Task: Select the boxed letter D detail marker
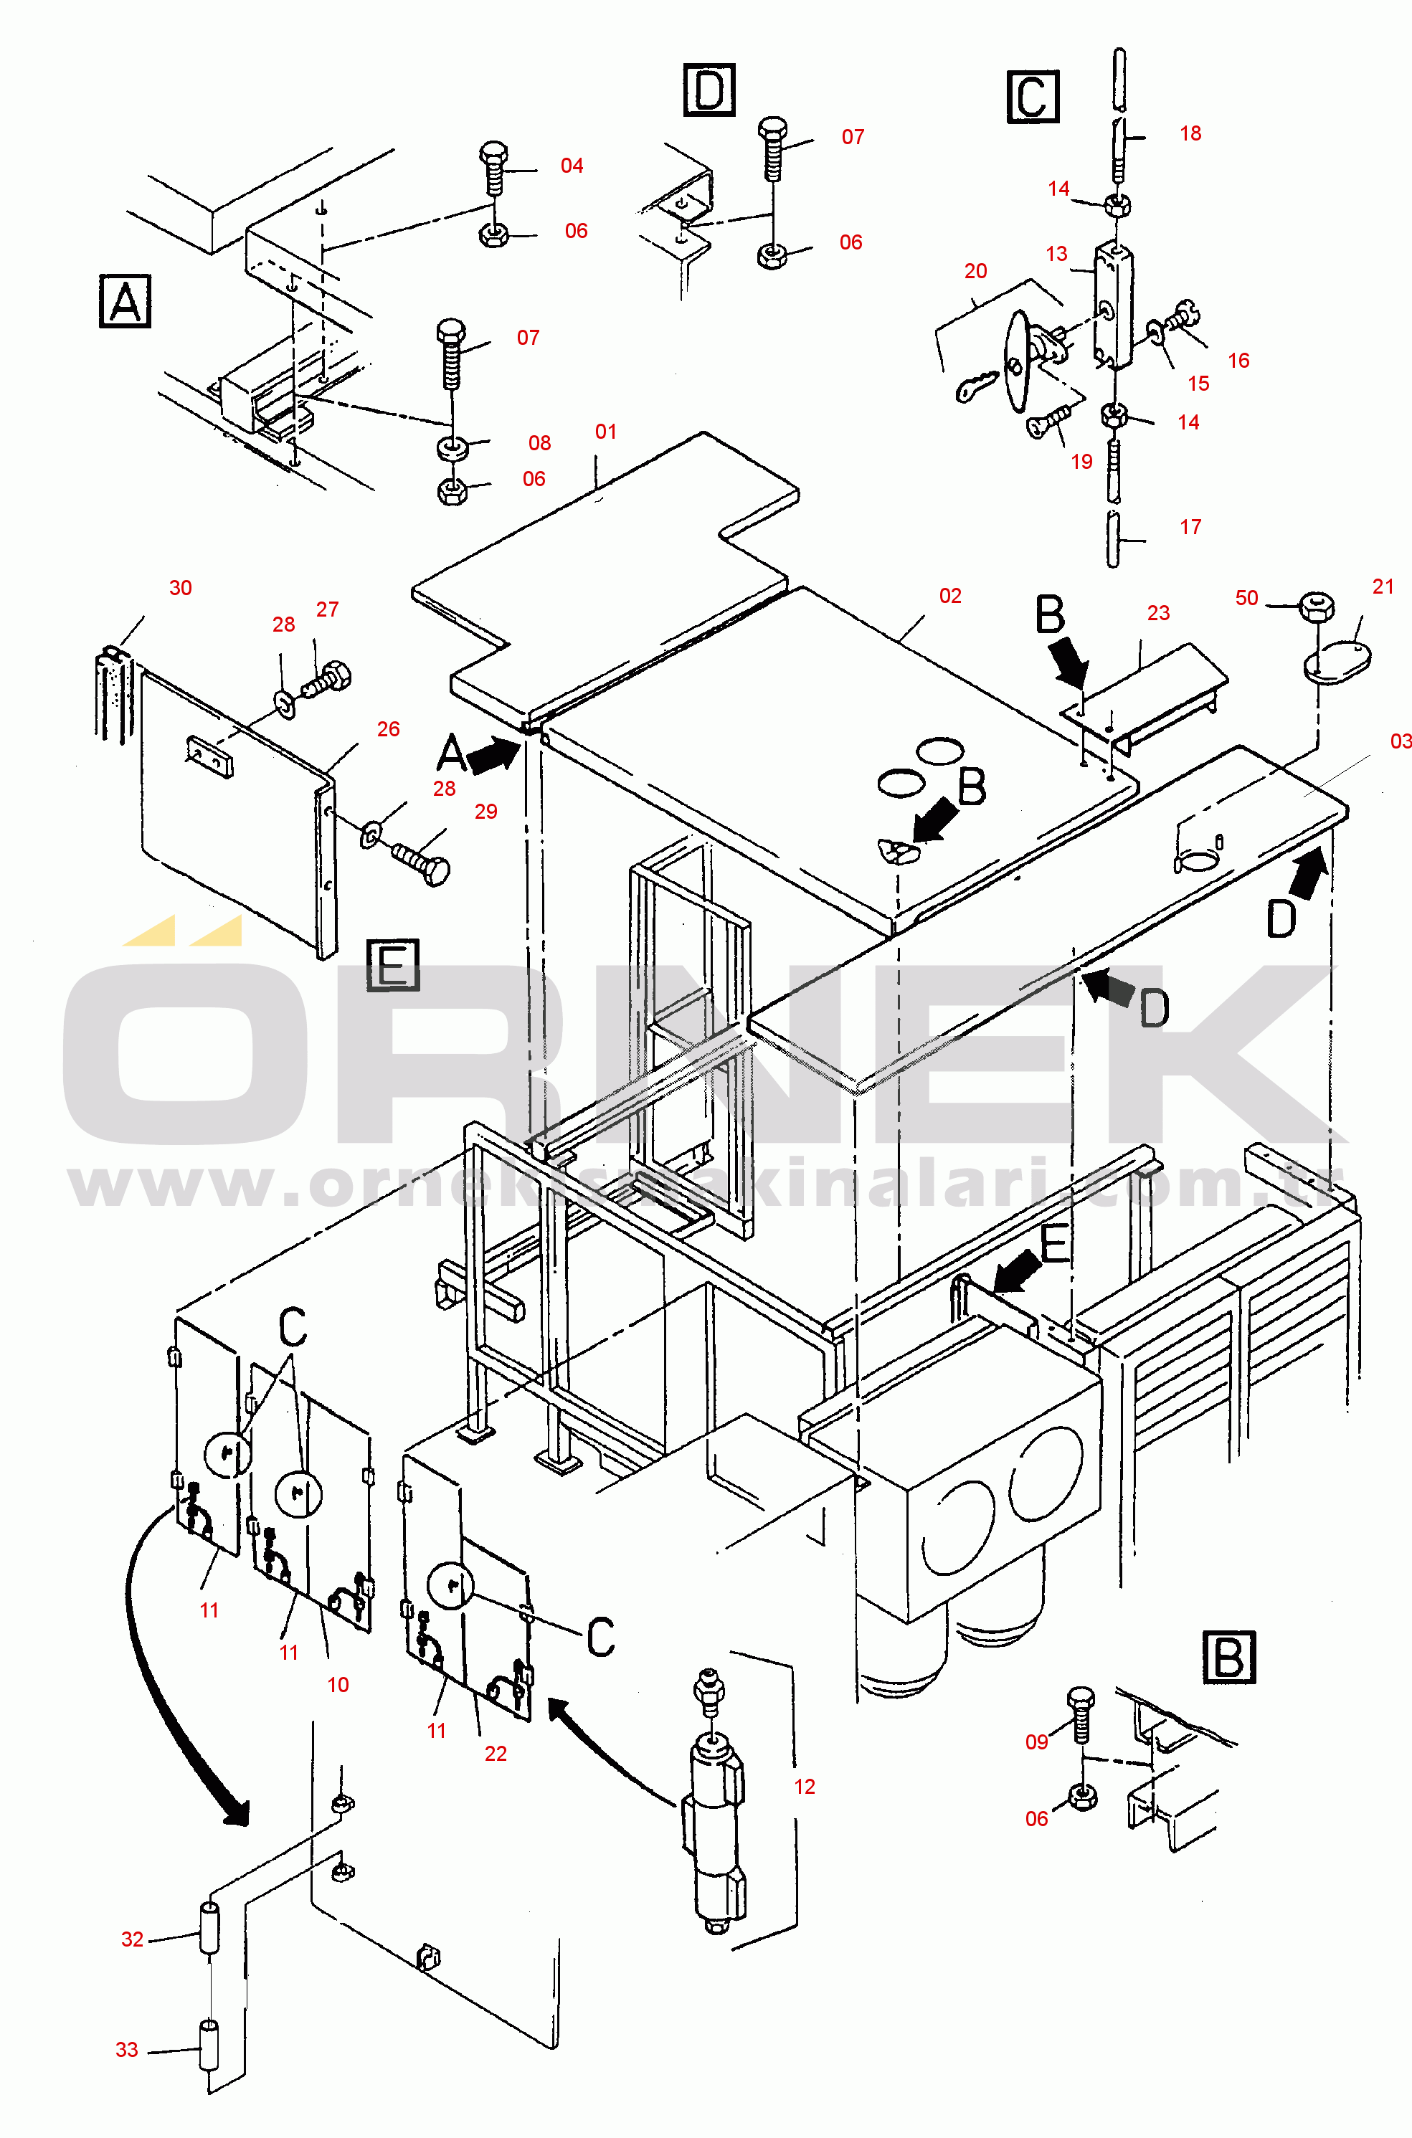[710, 90]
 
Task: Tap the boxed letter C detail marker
[1032, 96]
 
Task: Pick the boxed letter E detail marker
[394, 965]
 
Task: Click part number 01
[606, 432]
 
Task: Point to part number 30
[181, 588]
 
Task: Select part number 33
[127, 2050]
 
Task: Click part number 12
[804, 1787]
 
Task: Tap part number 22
[496, 1754]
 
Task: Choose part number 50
[1246, 598]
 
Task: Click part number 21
[1383, 587]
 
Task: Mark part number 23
[1158, 613]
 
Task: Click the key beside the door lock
[975, 387]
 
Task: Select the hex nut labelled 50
[1317, 606]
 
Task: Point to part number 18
[1190, 134]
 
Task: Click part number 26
[388, 729]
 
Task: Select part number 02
[950, 596]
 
